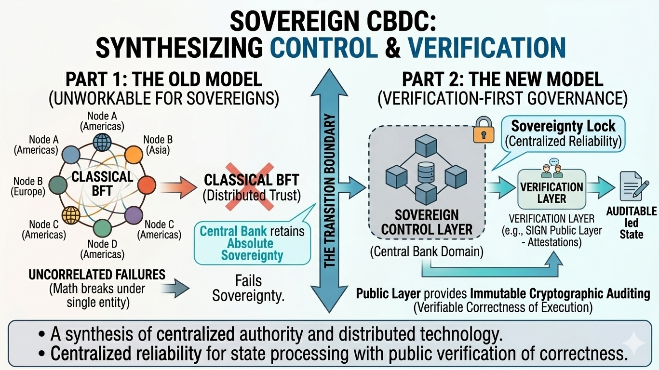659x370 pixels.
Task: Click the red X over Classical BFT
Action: (251, 185)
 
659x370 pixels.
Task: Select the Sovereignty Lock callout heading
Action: (563, 126)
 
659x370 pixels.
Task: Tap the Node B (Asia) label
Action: (158, 145)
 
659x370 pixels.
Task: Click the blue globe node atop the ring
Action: (102, 142)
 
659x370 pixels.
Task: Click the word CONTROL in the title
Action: (324, 47)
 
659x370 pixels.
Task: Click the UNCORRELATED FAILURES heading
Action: (97, 275)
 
